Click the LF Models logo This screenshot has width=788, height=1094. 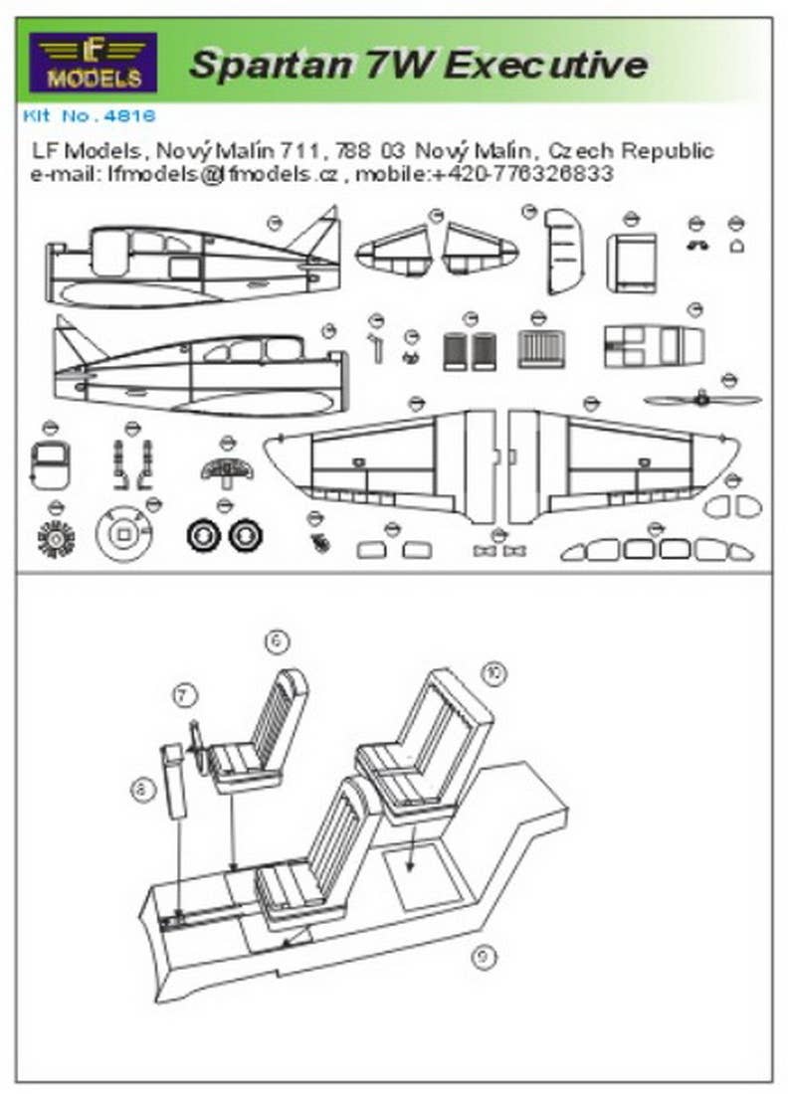point(93,62)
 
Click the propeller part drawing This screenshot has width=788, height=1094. point(702,399)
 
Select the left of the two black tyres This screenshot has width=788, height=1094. point(204,536)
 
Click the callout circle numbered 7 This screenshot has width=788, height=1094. point(182,695)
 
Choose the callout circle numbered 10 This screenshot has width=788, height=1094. point(492,673)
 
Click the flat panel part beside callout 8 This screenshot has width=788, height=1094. point(175,781)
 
